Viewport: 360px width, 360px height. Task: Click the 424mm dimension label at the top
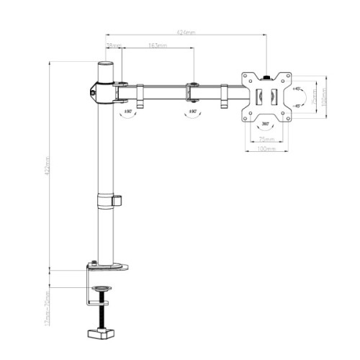tap(185, 33)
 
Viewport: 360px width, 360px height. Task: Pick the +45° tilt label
tap(298, 89)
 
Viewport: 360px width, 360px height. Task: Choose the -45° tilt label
tap(298, 104)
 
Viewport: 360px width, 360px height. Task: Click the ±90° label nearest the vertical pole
tap(128, 112)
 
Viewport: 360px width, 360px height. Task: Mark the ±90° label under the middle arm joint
tap(192, 112)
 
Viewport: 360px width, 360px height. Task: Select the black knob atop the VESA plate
tap(267, 72)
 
